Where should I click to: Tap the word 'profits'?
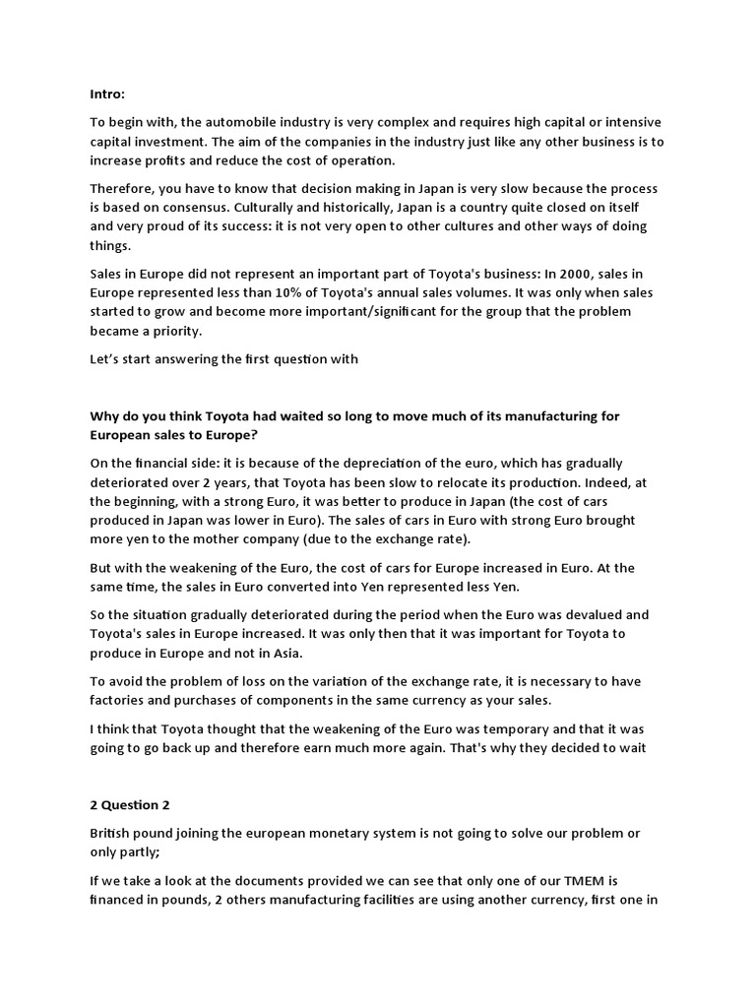point(174,160)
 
